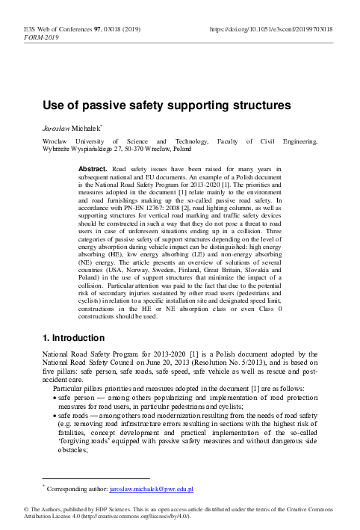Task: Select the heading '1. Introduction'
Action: (x=64, y=357)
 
